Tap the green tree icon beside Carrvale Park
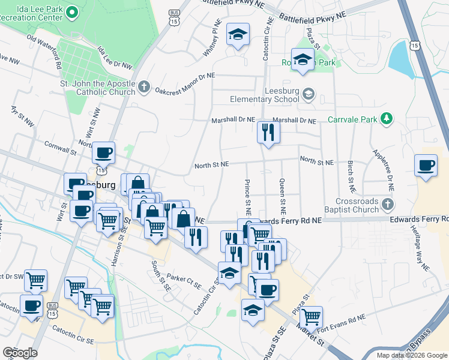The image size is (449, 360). (x=387, y=119)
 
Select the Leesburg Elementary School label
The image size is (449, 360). (x=265, y=99)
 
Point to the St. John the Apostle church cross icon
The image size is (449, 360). (x=143, y=87)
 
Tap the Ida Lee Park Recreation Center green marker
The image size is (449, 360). (x=71, y=12)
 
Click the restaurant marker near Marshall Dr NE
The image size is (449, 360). (x=268, y=133)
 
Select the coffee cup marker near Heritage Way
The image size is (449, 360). (x=426, y=165)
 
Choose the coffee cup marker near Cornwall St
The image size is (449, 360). (x=104, y=154)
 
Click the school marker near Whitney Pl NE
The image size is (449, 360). (x=238, y=35)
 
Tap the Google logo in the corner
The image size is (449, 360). (x=20, y=353)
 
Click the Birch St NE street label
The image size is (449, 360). (x=350, y=172)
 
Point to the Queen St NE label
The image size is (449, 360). (x=282, y=197)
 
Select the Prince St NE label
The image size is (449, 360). (x=247, y=197)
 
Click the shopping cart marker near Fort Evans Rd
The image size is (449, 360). (x=312, y=316)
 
